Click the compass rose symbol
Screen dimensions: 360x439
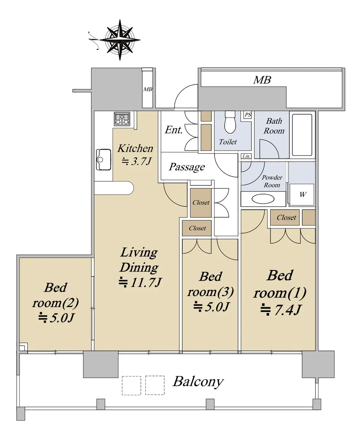click(120, 40)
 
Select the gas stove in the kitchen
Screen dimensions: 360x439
click(122, 119)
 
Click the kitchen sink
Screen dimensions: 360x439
click(103, 160)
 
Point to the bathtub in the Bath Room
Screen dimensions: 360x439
click(302, 135)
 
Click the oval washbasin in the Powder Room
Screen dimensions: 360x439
click(263, 199)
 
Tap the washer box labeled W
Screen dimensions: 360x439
click(302, 195)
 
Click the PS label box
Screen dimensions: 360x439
click(247, 115)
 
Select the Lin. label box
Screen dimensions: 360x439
click(246, 156)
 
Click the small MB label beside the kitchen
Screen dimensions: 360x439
click(148, 89)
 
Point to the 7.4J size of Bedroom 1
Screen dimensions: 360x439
click(281, 310)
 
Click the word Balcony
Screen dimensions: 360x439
click(198, 381)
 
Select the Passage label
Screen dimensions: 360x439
click(187, 167)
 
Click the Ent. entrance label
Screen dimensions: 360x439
click(174, 130)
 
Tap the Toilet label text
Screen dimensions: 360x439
click(228, 142)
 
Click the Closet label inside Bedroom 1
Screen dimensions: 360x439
click(287, 218)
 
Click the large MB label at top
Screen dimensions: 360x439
click(262, 80)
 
